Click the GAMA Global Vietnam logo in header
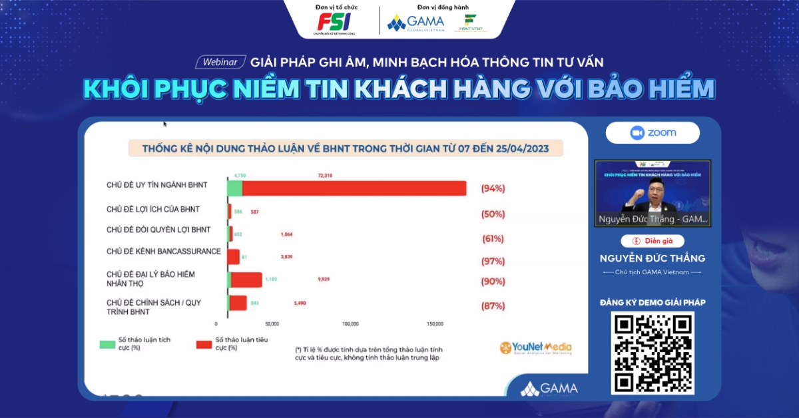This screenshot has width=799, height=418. tap(415, 22)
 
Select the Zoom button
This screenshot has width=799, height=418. tap(653, 133)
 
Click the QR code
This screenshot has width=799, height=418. tap(653, 353)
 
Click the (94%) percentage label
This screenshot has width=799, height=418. tap(493, 188)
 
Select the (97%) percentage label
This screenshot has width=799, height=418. tap(493, 260)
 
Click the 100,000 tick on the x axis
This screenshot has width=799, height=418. tap(350, 324)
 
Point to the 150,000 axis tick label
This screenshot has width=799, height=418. tap(434, 324)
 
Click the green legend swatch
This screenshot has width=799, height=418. tap(107, 344)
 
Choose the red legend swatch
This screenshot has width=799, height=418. tap(204, 344)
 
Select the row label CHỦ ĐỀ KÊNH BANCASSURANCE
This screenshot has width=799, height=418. tap(163, 252)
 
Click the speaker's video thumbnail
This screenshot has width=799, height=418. tap(652, 193)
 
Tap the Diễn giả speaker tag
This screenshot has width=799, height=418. tap(652, 241)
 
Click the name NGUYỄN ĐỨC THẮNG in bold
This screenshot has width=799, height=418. tap(652, 258)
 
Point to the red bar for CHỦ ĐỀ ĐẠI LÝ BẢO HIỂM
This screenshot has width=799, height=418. tap(246, 280)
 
